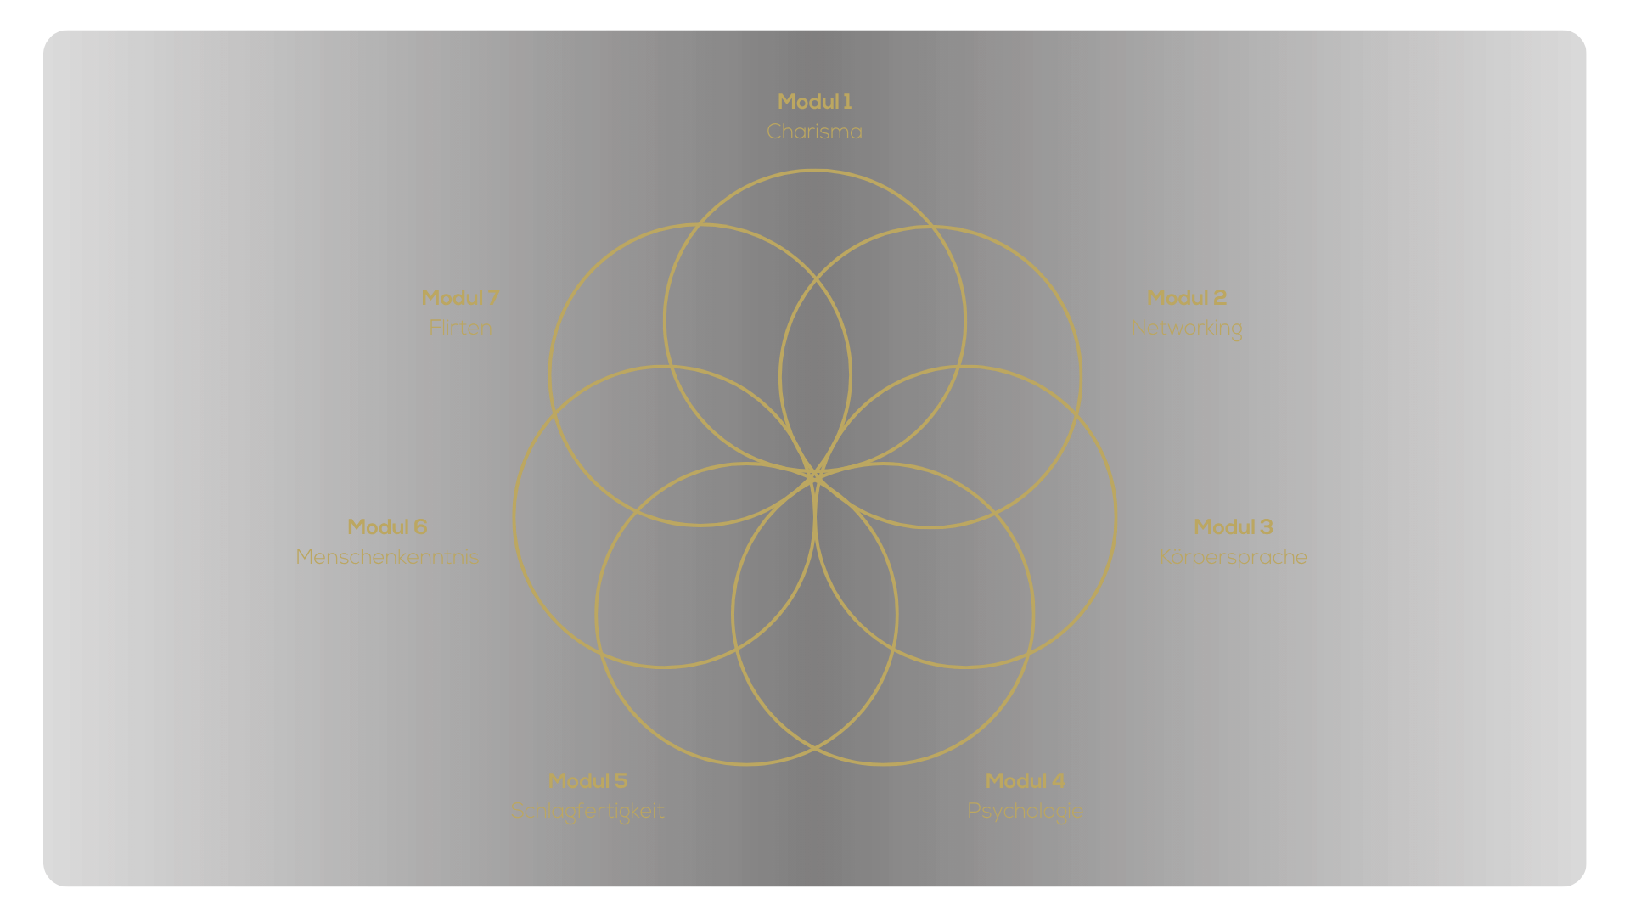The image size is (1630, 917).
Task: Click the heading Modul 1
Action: pyautogui.click(x=814, y=102)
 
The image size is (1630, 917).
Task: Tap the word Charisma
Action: pyautogui.click(x=814, y=132)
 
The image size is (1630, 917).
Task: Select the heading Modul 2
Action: pyautogui.click(x=1186, y=298)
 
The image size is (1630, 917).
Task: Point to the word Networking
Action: pyautogui.click(x=1186, y=328)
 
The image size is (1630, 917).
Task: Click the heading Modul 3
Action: pyautogui.click(x=1233, y=527)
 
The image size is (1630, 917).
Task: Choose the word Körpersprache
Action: pyautogui.click(x=1233, y=557)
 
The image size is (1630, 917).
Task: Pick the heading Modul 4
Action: pyautogui.click(x=1025, y=781)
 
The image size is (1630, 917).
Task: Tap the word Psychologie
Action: pyautogui.click(x=1025, y=811)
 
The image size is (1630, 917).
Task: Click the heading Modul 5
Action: pyautogui.click(x=587, y=781)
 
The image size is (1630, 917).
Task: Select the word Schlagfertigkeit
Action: pyautogui.click(x=587, y=811)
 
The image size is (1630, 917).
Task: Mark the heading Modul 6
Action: pyautogui.click(x=387, y=527)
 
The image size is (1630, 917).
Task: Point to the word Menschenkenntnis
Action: pyautogui.click(x=387, y=557)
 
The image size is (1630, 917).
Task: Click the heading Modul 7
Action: pyautogui.click(x=460, y=298)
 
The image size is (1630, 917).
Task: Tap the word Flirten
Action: pyautogui.click(x=460, y=328)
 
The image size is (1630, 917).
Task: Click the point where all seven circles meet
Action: pyautogui.click(x=815, y=474)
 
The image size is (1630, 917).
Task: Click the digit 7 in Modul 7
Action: pyautogui.click(x=493, y=298)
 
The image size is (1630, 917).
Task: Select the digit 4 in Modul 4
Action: pyautogui.click(x=1059, y=781)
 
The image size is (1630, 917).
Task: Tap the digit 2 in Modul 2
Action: pyautogui.click(x=1220, y=298)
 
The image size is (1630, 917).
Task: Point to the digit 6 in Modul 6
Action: pyautogui.click(x=420, y=527)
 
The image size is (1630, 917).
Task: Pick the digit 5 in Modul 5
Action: pyautogui.click(x=621, y=781)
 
